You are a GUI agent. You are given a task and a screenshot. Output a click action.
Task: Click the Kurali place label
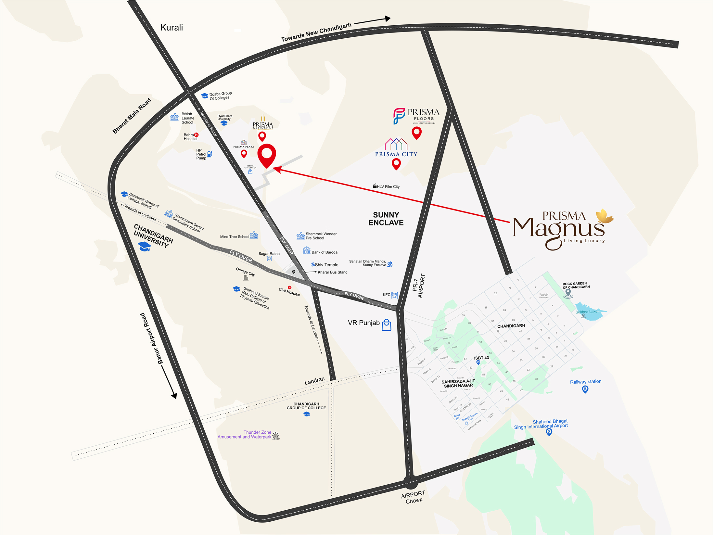[172, 28]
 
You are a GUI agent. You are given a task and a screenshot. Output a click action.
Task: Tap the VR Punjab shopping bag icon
[387, 325]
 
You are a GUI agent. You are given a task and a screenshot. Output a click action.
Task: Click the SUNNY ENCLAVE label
[386, 219]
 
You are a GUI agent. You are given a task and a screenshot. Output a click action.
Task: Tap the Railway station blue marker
[585, 389]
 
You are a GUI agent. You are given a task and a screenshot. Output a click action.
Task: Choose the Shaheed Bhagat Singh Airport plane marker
[549, 432]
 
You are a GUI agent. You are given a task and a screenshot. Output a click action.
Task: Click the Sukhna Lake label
[586, 312]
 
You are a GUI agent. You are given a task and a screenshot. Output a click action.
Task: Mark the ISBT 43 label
[481, 358]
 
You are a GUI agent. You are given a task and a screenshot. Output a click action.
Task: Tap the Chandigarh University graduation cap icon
[145, 247]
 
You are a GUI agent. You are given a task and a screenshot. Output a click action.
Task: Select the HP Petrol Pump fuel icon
[210, 154]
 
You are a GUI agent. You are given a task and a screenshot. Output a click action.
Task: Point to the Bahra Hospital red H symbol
[196, 135]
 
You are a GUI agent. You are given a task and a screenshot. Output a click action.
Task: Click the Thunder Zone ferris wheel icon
[276, 436]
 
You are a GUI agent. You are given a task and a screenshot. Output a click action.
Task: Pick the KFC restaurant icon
[394, 295]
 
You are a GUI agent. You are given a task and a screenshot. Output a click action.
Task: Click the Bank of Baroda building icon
[306, 250]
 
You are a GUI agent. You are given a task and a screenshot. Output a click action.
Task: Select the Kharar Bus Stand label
[332, 272]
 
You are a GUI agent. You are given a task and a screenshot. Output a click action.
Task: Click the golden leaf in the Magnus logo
[605, 216]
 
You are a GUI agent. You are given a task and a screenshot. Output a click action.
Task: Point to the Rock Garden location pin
[568, 293]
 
